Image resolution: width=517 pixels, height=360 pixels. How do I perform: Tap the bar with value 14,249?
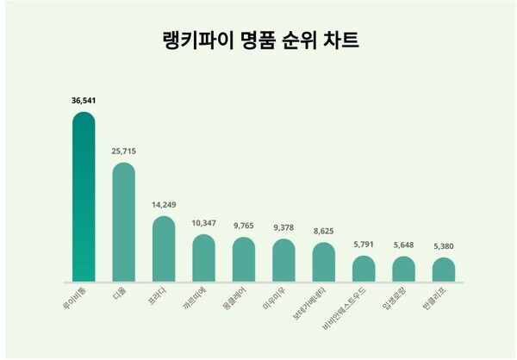pos(164,249)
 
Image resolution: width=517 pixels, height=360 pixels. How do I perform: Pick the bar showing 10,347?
pos(203,258)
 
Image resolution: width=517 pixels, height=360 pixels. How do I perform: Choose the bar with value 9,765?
pos(243,259)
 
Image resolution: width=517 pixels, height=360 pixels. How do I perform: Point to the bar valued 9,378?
pos(283,260)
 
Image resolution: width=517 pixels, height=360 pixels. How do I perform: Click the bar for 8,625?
pos(323,262)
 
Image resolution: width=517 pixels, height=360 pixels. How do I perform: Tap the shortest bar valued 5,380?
pos(444,270)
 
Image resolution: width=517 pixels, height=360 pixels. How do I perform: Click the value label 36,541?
pos(84,101)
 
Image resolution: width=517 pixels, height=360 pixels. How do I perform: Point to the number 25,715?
pos(123,151)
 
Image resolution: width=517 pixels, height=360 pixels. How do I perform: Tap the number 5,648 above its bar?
pos(403,245)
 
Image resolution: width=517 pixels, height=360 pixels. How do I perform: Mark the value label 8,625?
pos(323,232)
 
